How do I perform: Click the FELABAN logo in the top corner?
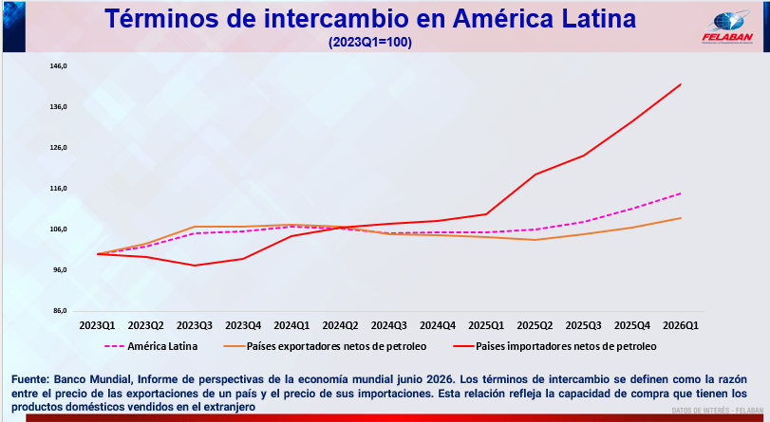(727, 28)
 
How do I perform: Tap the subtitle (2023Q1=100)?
(370, 42)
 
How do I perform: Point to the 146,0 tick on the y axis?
(58, 65)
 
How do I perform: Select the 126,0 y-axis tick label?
(58, 147)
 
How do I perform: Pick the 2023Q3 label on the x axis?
(195, 325)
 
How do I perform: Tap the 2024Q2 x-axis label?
(340, 325)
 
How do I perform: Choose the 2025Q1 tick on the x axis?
(486, 325)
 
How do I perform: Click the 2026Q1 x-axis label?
(681, 325)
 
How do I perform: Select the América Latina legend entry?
(151, 346)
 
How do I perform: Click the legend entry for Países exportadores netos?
(325, 346)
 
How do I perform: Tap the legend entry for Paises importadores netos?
(554, 346)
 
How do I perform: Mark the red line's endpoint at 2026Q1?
(681, 83)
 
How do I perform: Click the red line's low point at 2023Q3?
(195, 266)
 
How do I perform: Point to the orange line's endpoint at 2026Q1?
(681, 218)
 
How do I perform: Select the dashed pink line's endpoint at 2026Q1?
(681, 193)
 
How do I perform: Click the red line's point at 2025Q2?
(535, 174)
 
